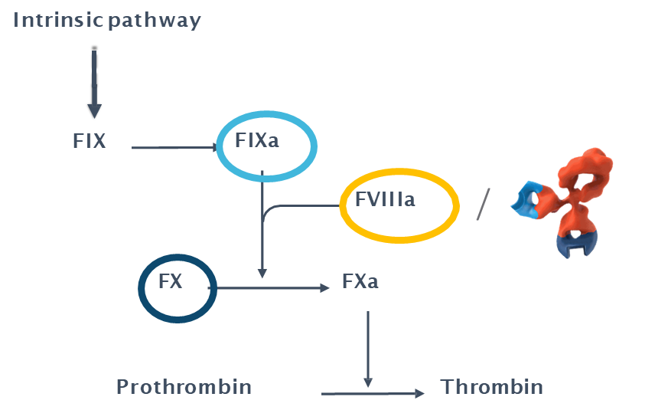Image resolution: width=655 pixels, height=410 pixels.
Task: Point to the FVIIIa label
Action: pyautogui.click(x=385, y=200)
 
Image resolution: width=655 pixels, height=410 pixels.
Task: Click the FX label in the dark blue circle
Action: pyautogui.click(x=170, y=281)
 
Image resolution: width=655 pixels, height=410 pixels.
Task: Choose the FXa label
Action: pyautogui.click(x=360, y=282)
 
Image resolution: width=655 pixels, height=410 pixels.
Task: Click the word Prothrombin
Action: pyautogui.click(x=184, y=387)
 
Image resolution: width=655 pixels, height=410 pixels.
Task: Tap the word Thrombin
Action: pyautogui.click(x=491, y=387)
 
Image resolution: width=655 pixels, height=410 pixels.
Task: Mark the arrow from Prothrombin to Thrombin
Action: pyautogui.click(x=372, y=393)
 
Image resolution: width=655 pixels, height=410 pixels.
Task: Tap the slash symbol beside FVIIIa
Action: pyautogui.click(x=482, y=203)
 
